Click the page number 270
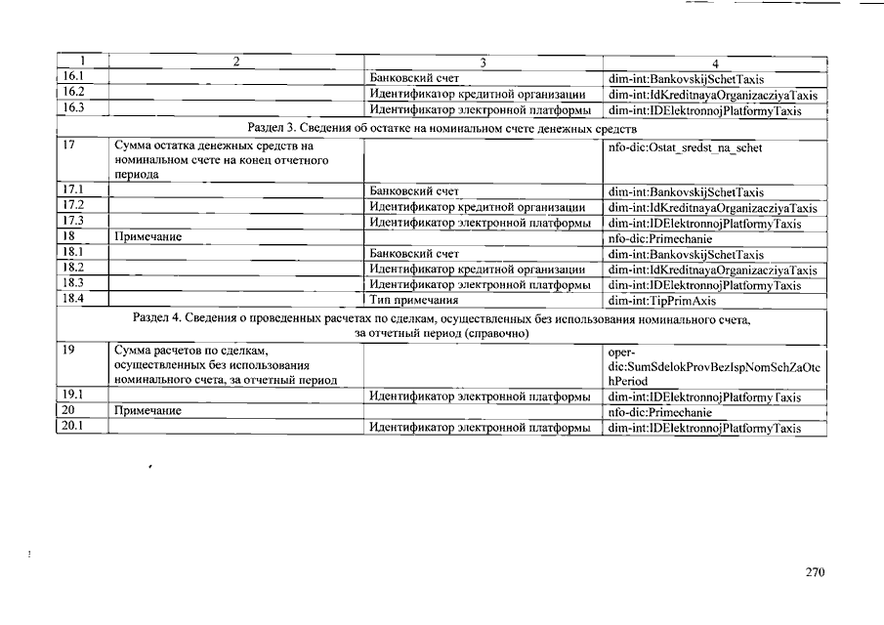816,572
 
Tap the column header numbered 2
235,62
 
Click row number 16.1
72,76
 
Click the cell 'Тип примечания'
413,300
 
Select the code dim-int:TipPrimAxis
661,301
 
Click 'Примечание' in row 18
147,237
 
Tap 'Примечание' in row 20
147,411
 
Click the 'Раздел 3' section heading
442,128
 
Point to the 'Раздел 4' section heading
442,326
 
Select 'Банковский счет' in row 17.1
414,192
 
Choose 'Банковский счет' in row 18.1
414,254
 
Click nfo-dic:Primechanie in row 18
659,238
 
